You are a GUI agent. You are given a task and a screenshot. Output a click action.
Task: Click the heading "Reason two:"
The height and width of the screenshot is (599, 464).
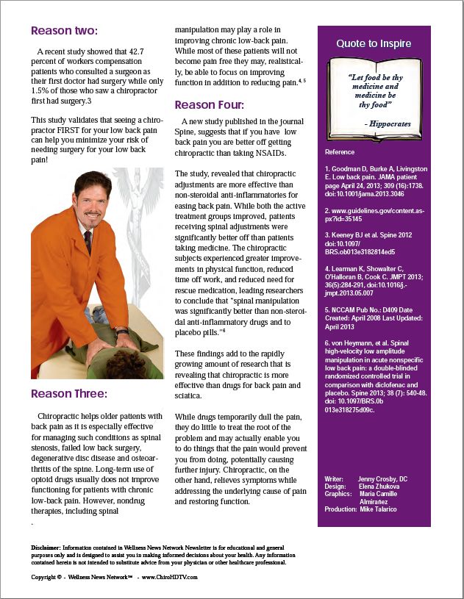click(x=64, y=31)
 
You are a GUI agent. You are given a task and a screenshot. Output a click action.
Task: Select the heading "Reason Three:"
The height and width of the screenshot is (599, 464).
click(x=69, y=394)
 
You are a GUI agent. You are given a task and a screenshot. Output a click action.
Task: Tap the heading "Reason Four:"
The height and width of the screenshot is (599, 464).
click(x=210, y=104)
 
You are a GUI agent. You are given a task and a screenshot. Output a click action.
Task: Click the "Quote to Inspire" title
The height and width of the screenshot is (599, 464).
click(x=374, y=44)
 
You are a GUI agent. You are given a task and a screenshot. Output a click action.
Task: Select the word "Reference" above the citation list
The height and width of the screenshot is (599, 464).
click(x=339, y=152)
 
